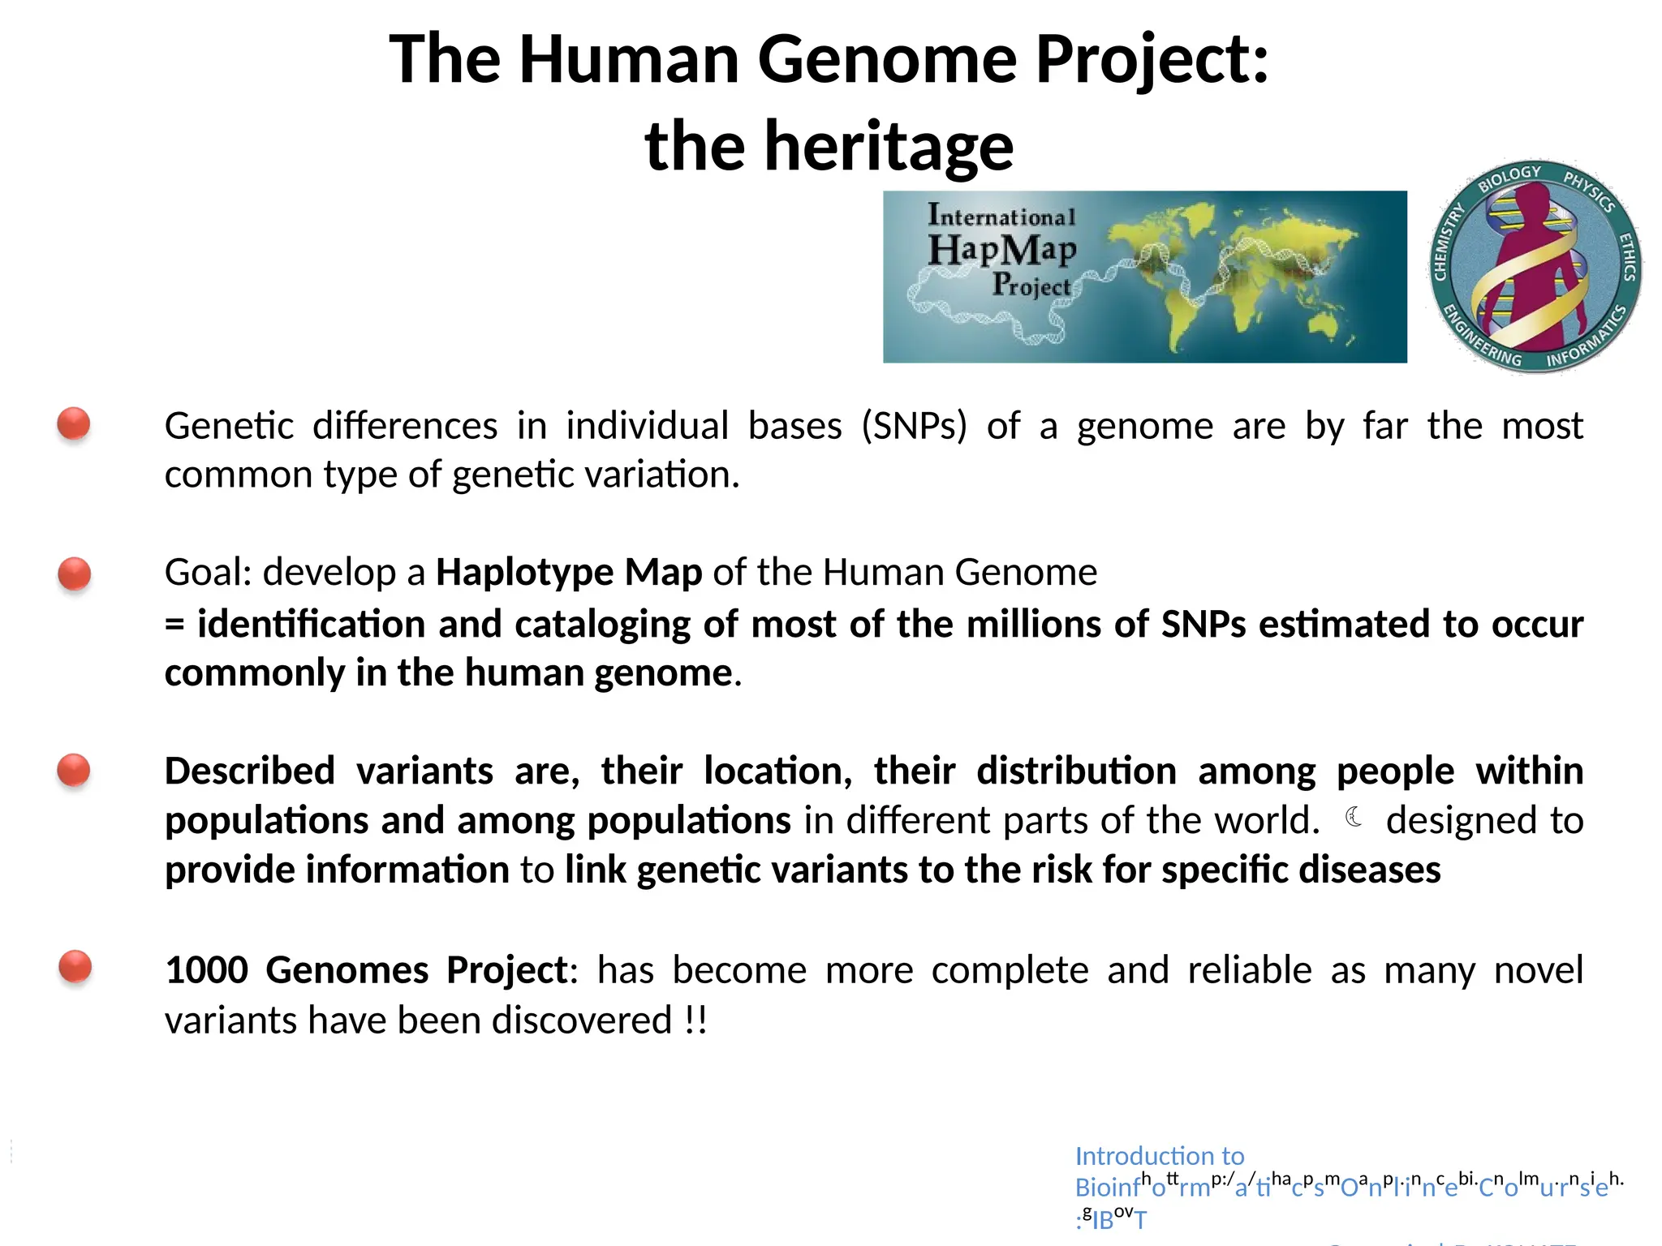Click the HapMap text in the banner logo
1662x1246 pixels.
1002,249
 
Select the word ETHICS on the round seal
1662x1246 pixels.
1627,256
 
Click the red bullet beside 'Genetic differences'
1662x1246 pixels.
74,423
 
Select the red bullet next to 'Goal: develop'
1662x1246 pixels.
75,574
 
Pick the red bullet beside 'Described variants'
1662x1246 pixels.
74,770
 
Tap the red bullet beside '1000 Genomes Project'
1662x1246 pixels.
75,967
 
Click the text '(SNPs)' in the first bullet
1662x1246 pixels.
914,427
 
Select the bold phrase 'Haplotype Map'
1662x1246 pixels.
569,573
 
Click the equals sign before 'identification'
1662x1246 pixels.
174,625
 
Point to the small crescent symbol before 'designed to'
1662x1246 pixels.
1353,817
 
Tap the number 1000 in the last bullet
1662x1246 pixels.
206,970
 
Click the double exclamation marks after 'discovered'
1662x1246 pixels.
695,1020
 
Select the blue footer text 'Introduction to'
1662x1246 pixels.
1159,1155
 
